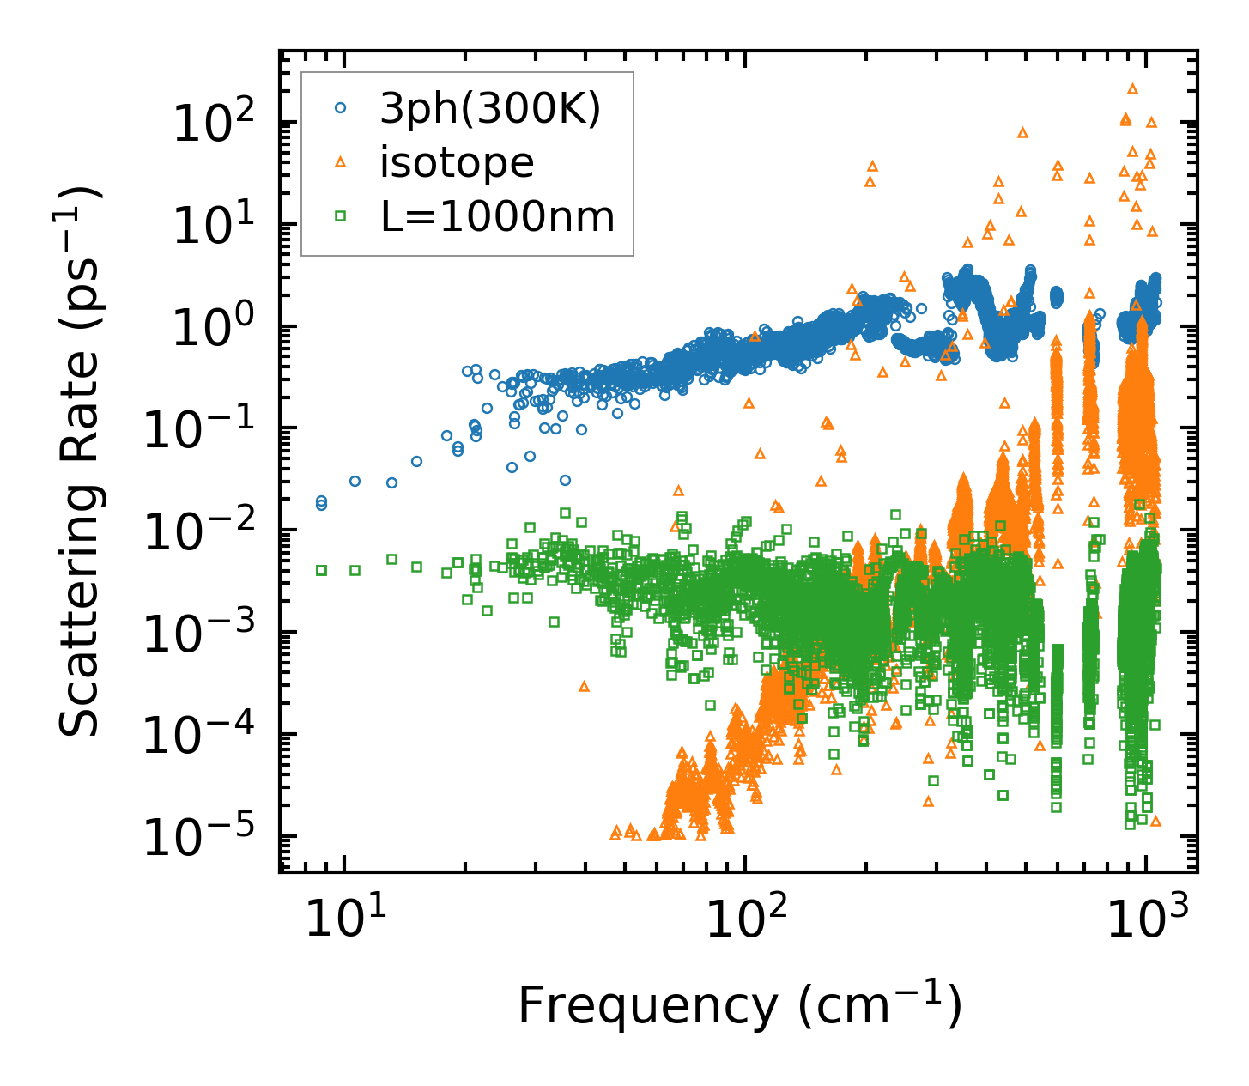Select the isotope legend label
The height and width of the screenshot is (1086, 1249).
pyautogui.click(x=457, y=162)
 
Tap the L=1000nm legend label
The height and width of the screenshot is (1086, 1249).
pyautogui.click(x=498, y=216)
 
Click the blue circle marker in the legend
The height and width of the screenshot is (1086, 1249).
pyautogui.click(x=341, y=108)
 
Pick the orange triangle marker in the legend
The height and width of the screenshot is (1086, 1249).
pyautogui.click(x=341, y=161)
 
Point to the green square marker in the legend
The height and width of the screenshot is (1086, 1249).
pyautogui.click(x=341, y=216)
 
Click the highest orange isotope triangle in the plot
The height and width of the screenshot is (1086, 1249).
pyautogui.click(x=1132, y=88)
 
